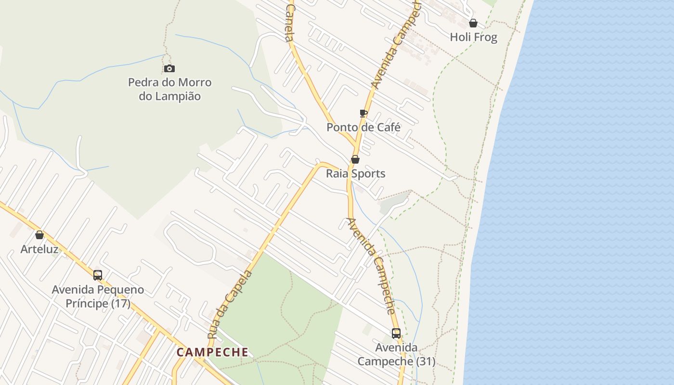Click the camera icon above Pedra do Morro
(x=169, y=69)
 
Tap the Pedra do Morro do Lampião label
(x=169, y=89)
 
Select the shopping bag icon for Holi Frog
(x=473, y=23)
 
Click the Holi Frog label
(x=473, y=37)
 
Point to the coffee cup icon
(x=363, y=114)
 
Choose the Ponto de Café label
(x=363, y=128)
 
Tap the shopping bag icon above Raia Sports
(x=355, y=159)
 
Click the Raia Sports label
(x=356, y=173)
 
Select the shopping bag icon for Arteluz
(x=39, y=235)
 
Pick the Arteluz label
(x=39, y=249)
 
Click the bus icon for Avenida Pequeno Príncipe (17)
(x=98, y=275)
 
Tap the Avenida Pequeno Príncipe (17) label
(x=98, y=296)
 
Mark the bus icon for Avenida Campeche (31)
(x=396, y=333)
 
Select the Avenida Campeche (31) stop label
(x=396, y=354)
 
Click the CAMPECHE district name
(x=212, y=352)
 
